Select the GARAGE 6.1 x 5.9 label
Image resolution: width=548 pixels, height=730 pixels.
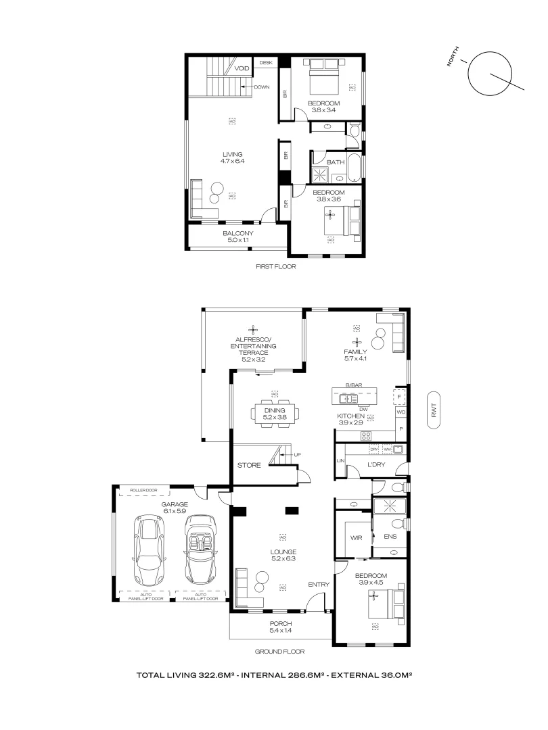pos(175,508)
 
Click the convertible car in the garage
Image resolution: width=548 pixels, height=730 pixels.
pos(200,549)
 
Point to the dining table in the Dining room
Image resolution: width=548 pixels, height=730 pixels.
pos(274,412)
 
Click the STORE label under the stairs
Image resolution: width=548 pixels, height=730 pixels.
pos(249,465)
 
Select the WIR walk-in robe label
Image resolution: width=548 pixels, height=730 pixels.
pos(356,538)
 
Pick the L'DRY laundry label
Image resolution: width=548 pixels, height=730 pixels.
pos(376,466)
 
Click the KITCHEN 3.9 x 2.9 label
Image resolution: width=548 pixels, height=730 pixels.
pos(352,419)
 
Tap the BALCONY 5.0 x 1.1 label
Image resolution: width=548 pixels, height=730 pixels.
pos(237,237)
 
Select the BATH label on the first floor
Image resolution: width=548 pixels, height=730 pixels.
pos(336,162)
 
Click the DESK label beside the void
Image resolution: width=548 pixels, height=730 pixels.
pos(265,63)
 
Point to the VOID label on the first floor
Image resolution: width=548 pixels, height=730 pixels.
pos(242,69)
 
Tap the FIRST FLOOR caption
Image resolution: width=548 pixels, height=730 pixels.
pos(275,266)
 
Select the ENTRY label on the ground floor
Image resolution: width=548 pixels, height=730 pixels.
pos(318,585)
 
